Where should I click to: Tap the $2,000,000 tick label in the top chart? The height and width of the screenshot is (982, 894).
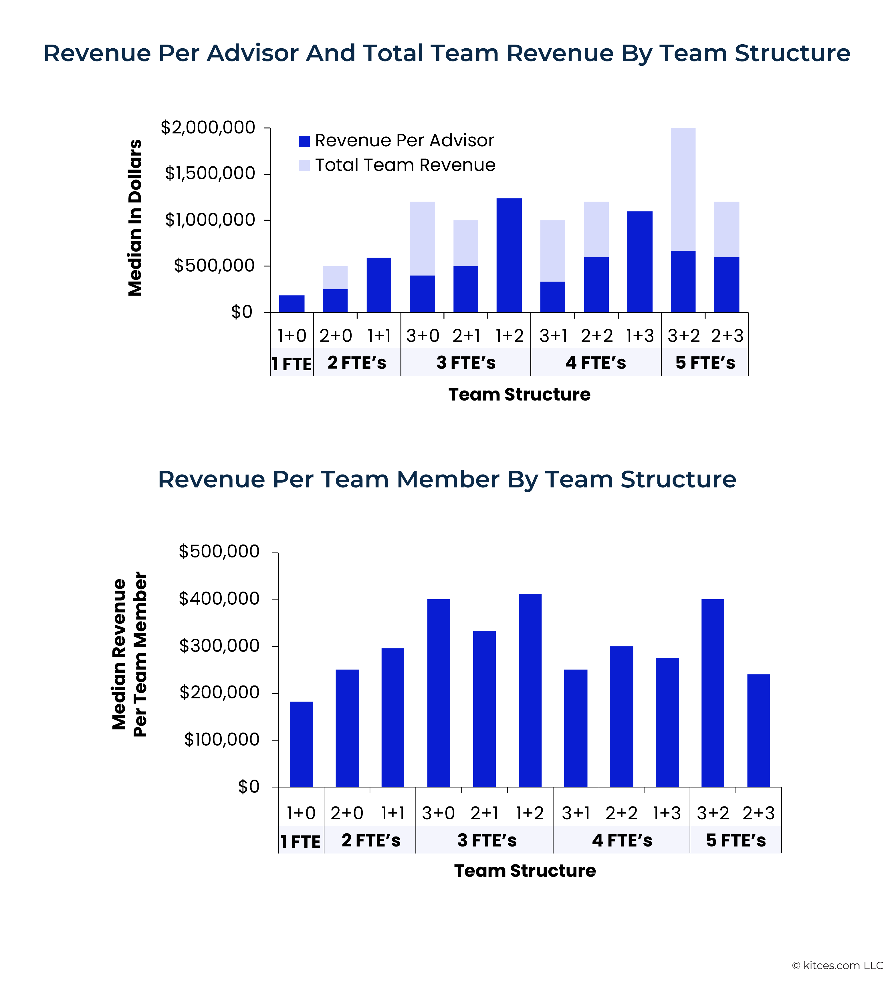[208, 128]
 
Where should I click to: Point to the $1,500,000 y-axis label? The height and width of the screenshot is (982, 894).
[210, 174]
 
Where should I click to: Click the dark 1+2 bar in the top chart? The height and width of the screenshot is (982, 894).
[509, 255]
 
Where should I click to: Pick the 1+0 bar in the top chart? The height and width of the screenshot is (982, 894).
[292, 304]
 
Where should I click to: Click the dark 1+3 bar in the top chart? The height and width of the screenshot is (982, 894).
[640, 262]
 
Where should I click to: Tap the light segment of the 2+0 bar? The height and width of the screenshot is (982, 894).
[335, 278]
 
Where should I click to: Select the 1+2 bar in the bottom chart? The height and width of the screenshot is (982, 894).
[530, 690]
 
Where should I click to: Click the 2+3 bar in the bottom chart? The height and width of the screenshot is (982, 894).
[758, 730]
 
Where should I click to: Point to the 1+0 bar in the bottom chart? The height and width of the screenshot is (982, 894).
[301, 744]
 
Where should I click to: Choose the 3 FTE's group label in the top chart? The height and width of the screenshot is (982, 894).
[465, 363]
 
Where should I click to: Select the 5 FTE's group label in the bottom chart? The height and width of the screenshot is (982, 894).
[736, 840]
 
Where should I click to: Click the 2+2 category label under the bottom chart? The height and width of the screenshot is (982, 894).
[621, 813]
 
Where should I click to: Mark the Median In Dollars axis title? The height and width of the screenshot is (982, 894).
[135, 218]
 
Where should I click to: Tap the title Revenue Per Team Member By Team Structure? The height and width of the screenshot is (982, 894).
[447, 479]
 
